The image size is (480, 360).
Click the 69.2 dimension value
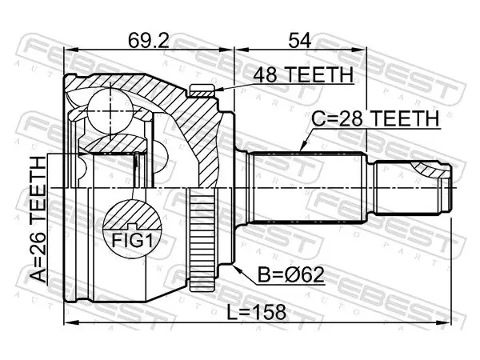(149, 40)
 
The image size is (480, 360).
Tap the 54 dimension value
(300, 40)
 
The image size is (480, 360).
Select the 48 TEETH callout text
(303, 74)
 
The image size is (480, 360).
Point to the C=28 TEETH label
(376, 118)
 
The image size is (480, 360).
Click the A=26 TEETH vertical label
(39, 219)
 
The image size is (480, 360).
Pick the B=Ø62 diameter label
(291, 275)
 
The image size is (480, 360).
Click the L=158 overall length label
(256, 313)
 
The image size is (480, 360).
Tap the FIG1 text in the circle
(132, 240)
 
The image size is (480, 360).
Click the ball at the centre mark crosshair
(110, 110)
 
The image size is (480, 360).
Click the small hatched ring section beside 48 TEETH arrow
(202, 91)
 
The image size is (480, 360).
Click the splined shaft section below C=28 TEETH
(306, 188)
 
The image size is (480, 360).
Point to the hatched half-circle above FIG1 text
(132, 214)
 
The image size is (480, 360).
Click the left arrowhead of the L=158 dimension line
(70, 322)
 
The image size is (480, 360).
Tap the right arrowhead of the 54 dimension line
(359, 49)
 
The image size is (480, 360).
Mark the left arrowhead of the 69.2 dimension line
(70, 49)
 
